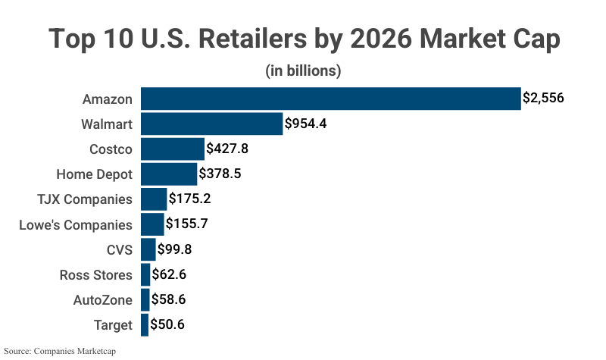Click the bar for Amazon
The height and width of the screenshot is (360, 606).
pos(330,99)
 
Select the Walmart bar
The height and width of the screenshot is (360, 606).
pos(211,124)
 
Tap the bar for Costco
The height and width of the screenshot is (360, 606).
pos(172,149)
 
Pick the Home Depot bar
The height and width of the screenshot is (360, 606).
pos(168,174)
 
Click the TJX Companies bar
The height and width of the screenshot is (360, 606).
pos(154,199)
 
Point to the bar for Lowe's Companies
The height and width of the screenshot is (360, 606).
pos(152,224)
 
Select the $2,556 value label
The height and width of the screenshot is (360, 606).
pos(543,99)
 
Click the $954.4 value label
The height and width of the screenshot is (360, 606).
pos(305,124)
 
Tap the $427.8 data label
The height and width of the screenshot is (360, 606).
pos(227,149)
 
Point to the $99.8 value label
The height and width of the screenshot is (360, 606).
pos(176,249)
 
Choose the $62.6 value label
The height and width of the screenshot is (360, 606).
pos(169,274)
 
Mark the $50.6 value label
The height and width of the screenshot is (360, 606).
pos(167,325)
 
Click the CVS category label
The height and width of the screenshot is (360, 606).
pos(120,249)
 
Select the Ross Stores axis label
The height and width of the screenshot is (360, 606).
pos(95,274)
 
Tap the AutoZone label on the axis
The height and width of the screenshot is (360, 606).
pos(102,300)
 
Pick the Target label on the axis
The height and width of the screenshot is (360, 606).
pos(112,325)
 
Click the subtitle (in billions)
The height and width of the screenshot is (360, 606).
pos(303,71)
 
